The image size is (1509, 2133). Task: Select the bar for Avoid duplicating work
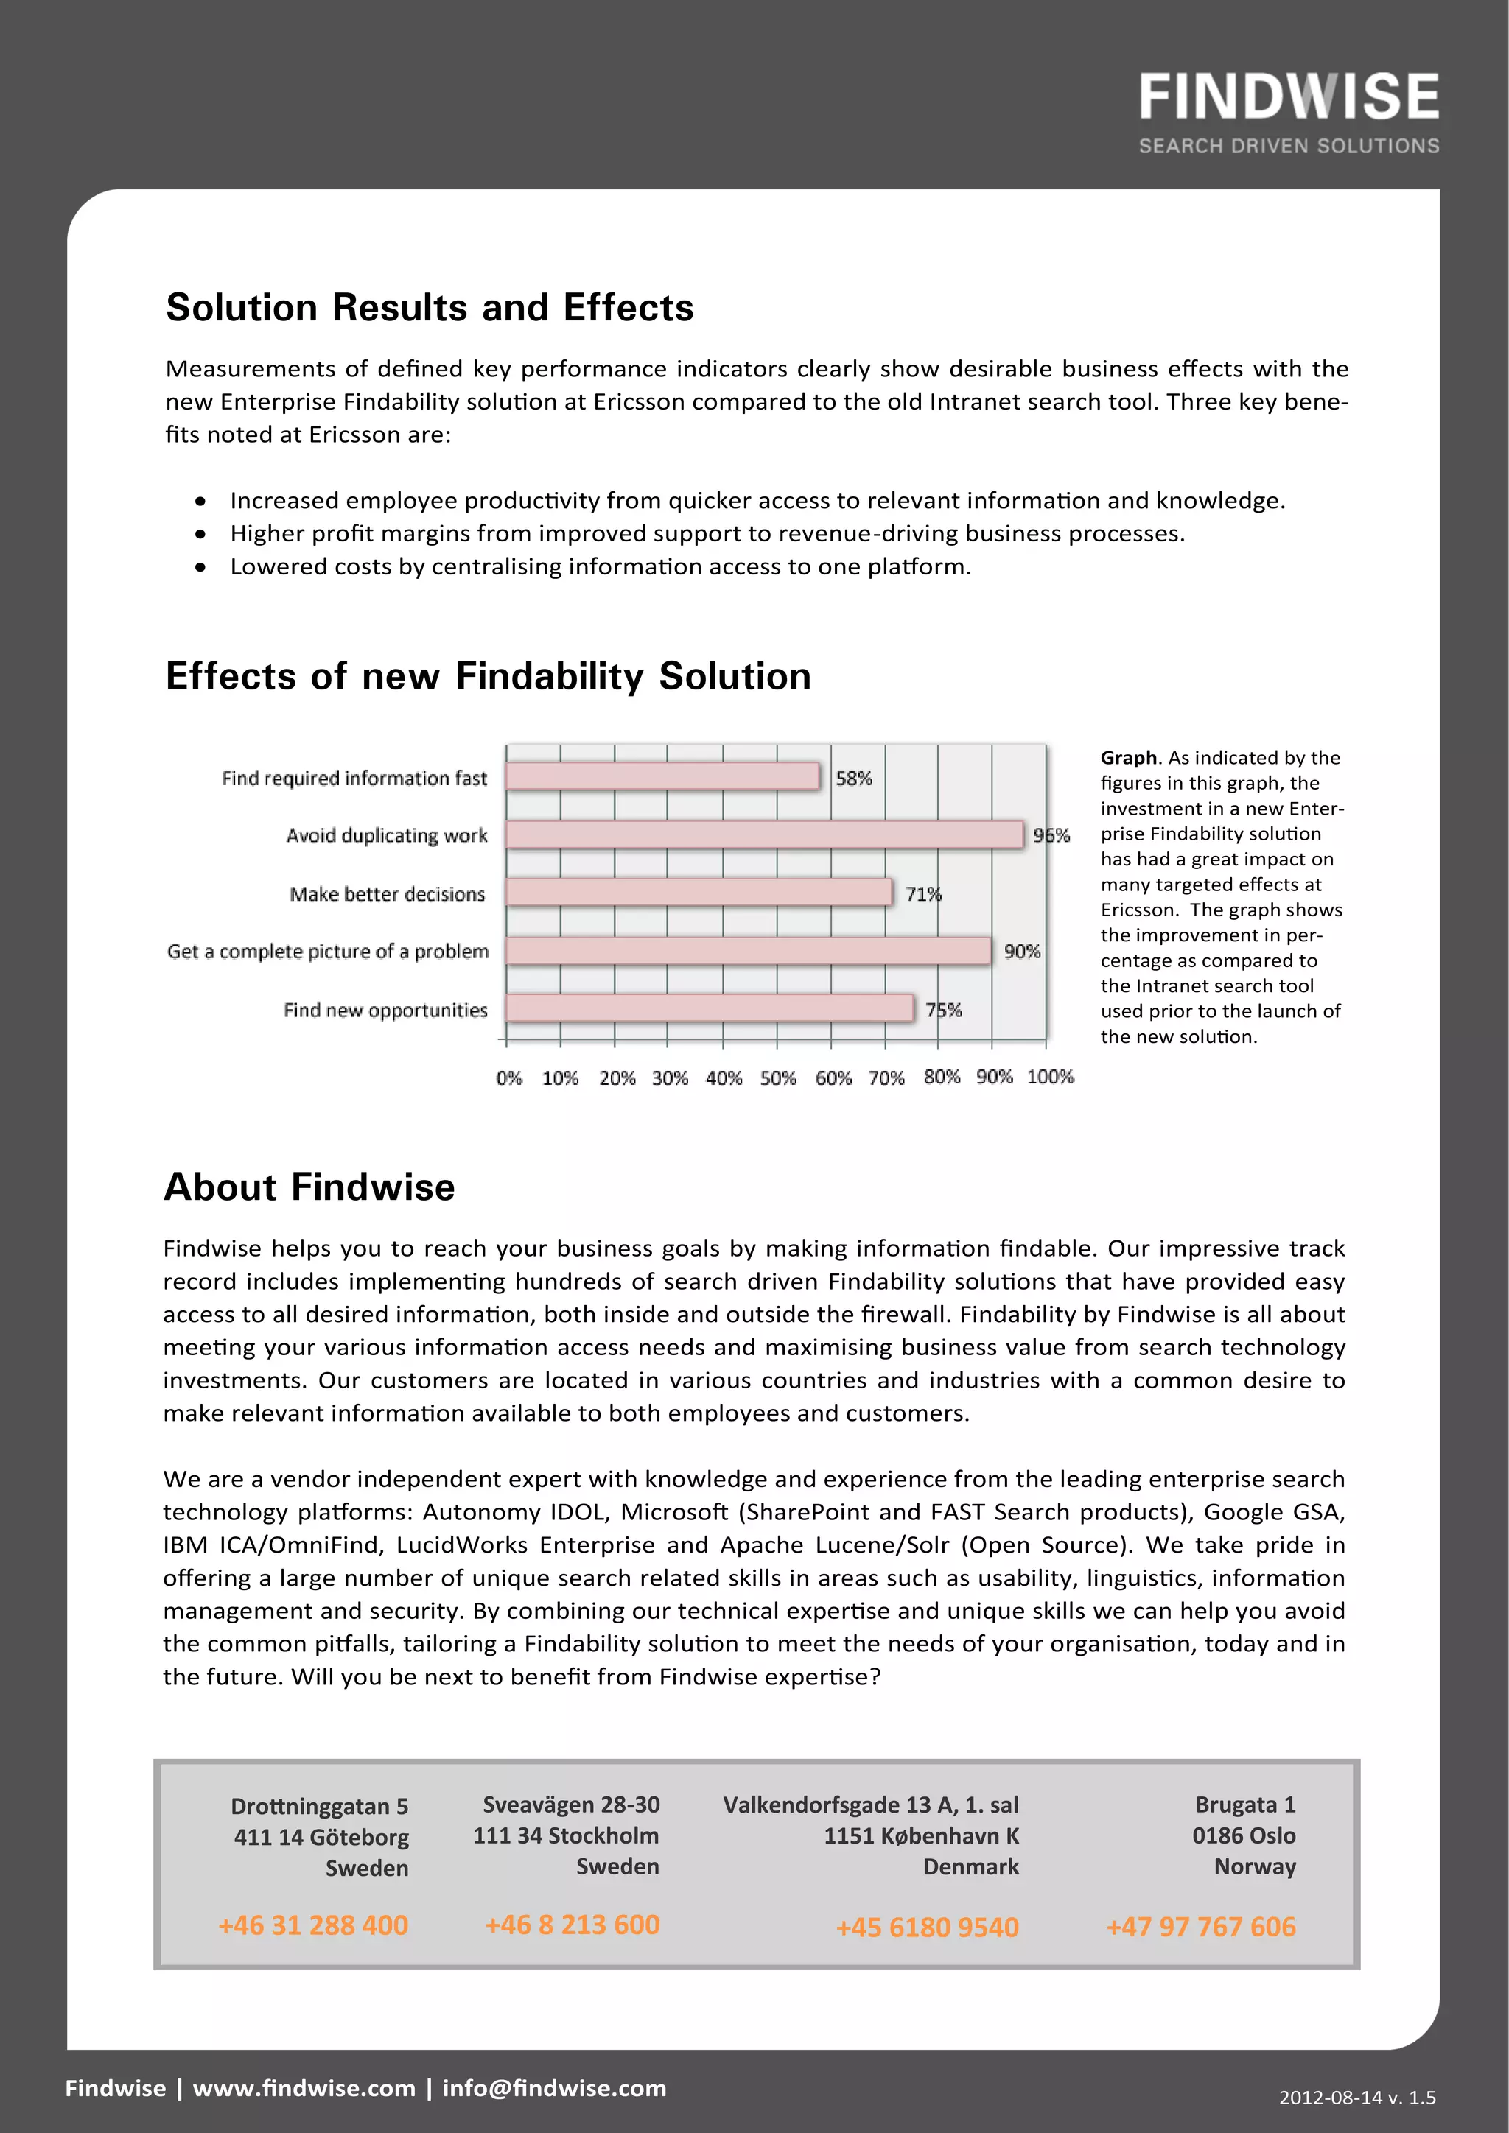pyautogui.click(x=764, y=835)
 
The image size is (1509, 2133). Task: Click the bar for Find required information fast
pyautogui.click(x=662, y=776)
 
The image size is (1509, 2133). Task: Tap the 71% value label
pyautogui.click(x=922, y=893)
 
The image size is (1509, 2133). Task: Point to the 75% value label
pyautogui.click(x=943, y=1010)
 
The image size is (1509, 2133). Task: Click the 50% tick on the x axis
pyautogui.click(x=778, y=1078)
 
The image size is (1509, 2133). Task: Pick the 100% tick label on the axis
pyautogui.click(x=1050, y=1077)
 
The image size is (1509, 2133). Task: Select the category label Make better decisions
pyautogui.click(x=387, y=893)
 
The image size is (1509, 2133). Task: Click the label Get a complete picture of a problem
pyautogui.click(x=327, y=952)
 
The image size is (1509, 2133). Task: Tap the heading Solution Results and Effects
pyautogui.click(x=430, y=307)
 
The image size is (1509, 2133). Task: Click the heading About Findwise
pyautogui.click(x=309, y=1187)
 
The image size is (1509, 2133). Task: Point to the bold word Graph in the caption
pyautogui.click(x=1128, y=757)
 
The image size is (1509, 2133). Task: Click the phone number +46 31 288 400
pyautogui.click(x=313, y=1925)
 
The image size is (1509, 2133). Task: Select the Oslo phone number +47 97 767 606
pyautogui.click(x=1200, y=1927)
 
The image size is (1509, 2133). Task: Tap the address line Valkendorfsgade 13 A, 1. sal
pyautogui.click(x=871, y=1804)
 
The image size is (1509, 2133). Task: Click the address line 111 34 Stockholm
pyautogui.click(x=566, y=1835)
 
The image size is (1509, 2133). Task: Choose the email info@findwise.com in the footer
pyautogui.click(x=554, y=2087)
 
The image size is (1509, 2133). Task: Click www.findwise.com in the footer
pyautogui.click(x=304, y=2087)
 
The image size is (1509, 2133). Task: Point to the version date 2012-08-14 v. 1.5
pyautogui.click(x=1356, y=2097)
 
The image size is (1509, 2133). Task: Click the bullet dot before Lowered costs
pyautogui.click(x=200, y=566)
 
